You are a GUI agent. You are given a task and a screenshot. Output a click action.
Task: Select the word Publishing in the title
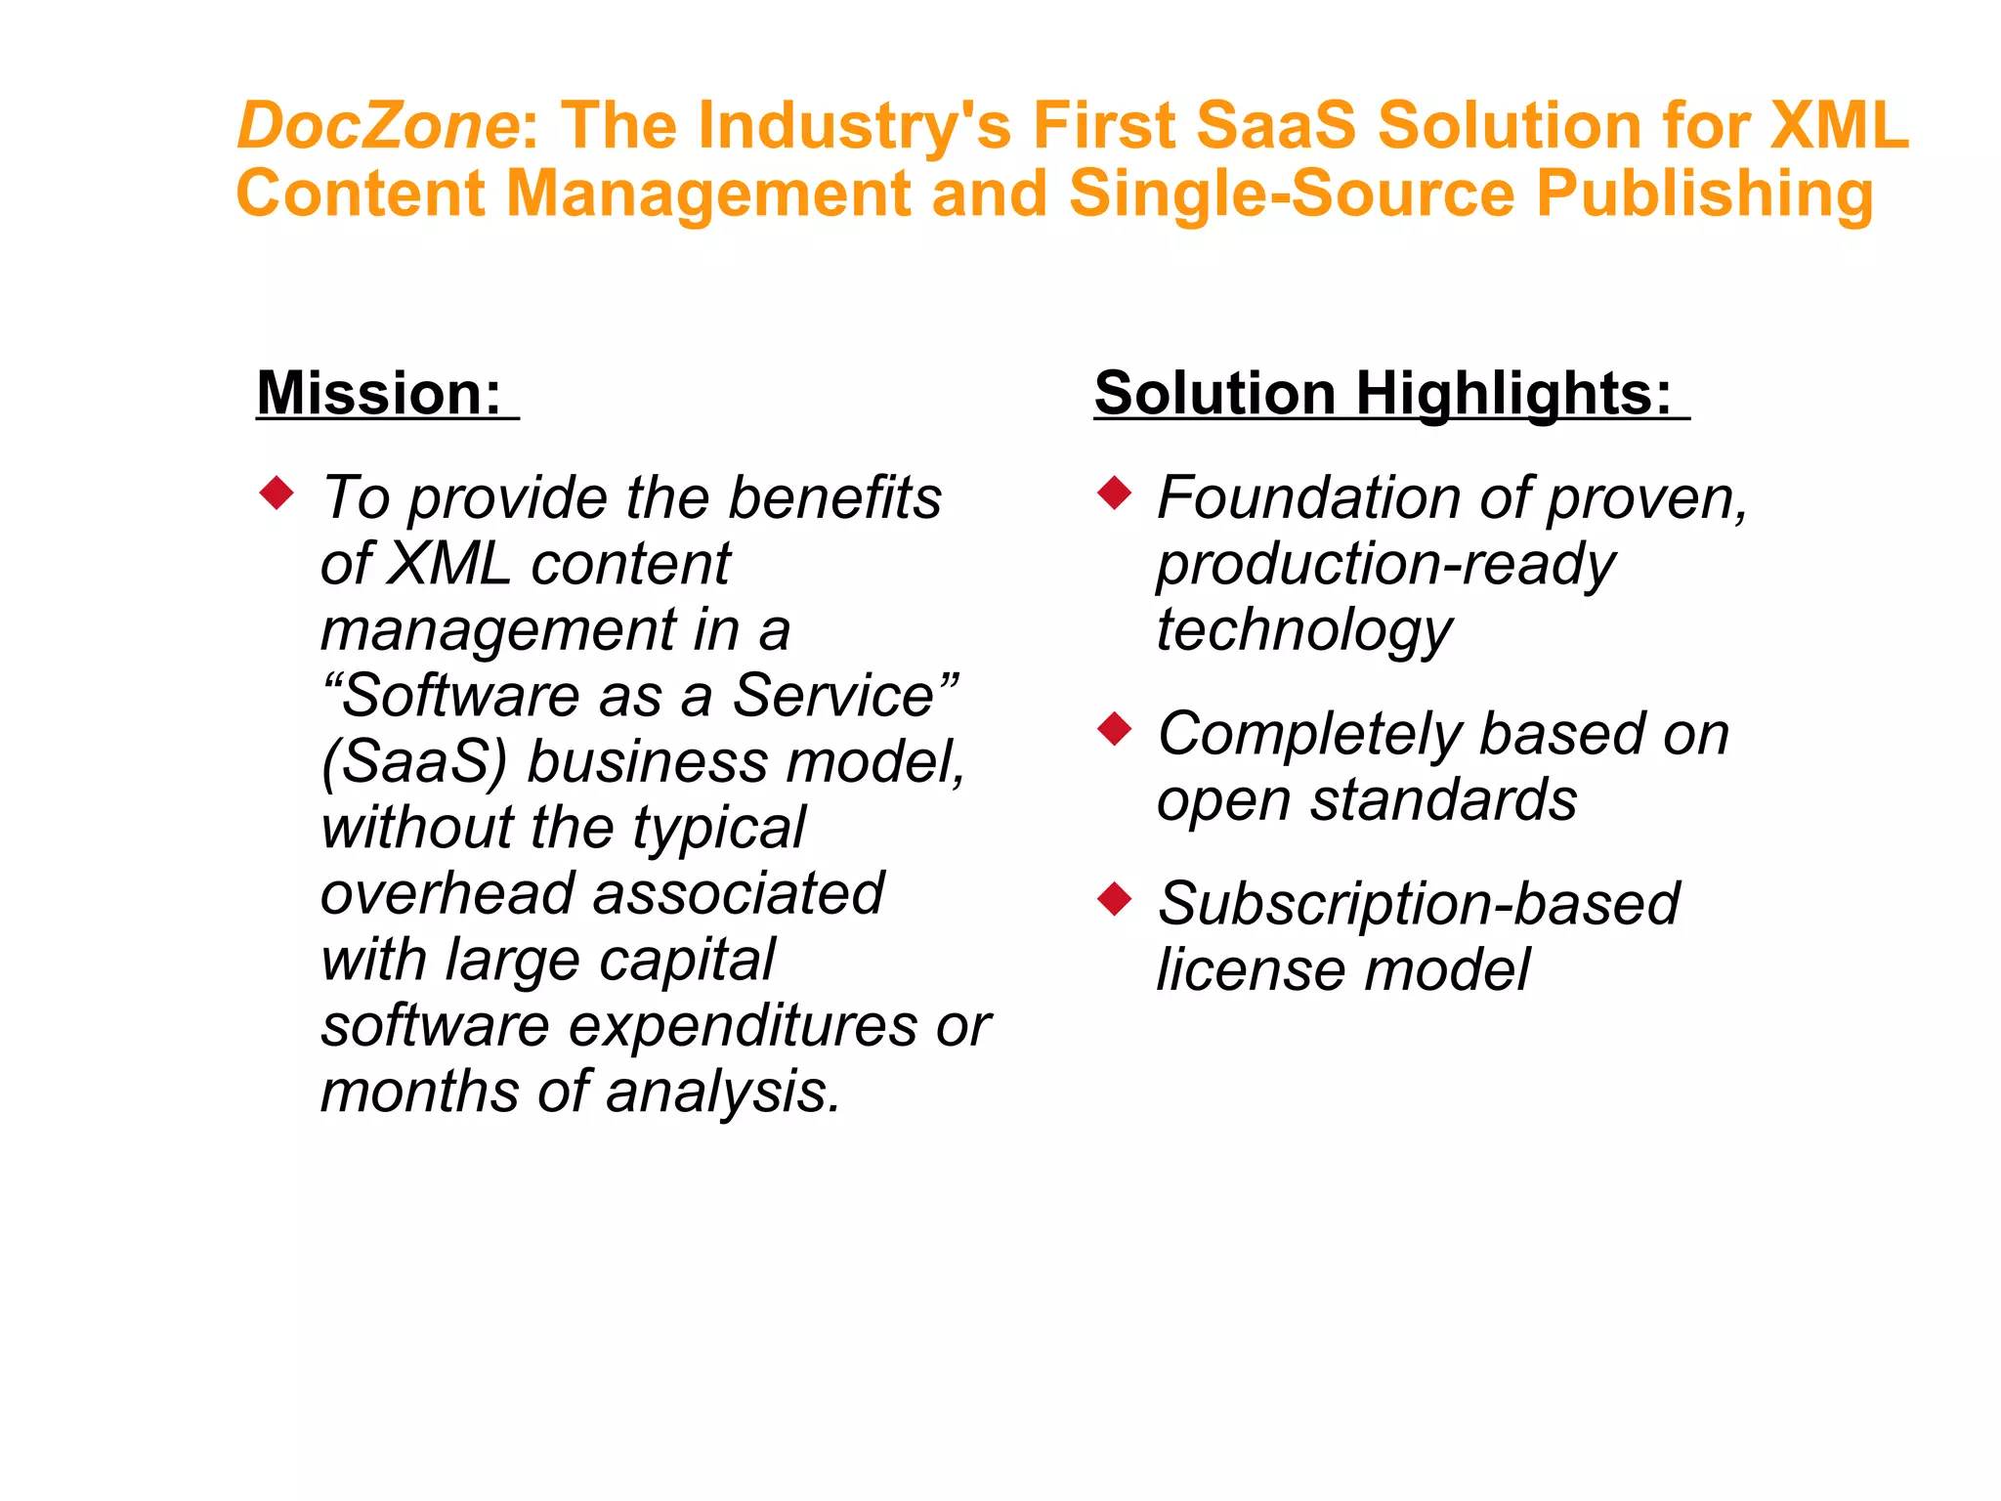click(1705, 193)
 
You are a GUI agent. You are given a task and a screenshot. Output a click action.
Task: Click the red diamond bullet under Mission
click(277, 493)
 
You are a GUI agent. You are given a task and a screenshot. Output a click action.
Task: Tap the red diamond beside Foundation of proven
click(1114, 493)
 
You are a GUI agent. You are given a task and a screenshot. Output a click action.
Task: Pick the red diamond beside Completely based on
click(1114, 729)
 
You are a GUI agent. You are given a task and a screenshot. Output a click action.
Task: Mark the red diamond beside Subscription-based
click(1114, 898)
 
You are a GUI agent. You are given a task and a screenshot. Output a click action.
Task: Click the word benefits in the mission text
click(834, 498)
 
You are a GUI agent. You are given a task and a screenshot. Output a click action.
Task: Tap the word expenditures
click(743, 1026)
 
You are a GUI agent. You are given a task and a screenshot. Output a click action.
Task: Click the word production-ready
click(1385, 565)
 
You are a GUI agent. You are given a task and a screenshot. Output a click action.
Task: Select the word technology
click(1304, 630)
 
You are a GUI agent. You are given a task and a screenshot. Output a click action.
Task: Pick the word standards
click(1443, 800)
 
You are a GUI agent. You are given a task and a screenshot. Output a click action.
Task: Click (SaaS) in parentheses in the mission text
click(414, 762)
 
